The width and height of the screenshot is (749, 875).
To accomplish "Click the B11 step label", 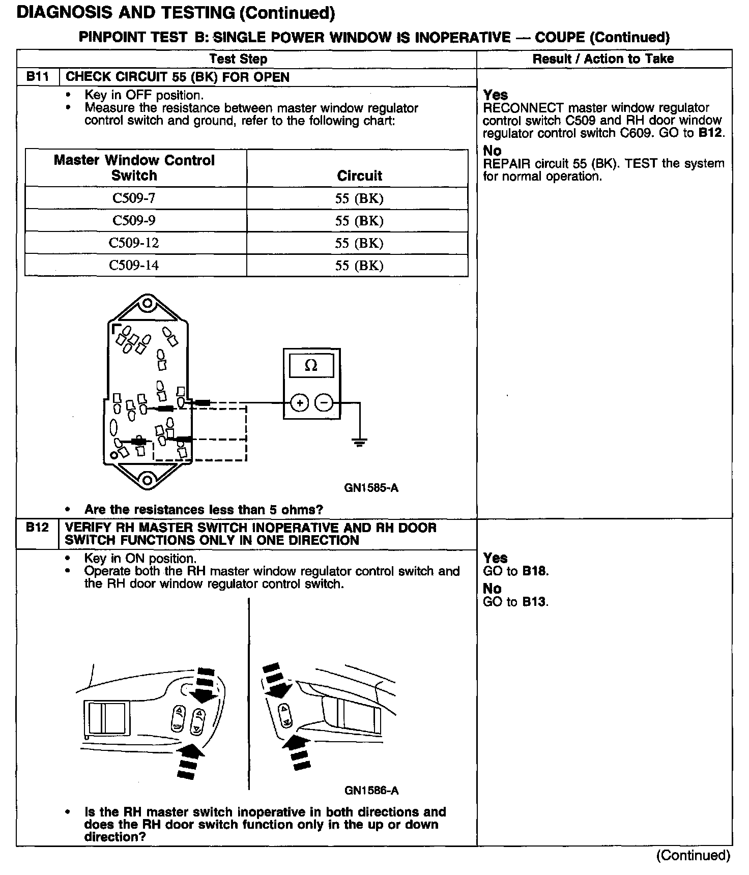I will pos(37,77).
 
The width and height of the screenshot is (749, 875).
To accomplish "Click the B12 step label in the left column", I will pos(37,527).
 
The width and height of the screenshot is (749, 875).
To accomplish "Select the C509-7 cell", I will pos(134,198).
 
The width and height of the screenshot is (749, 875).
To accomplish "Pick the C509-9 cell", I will pos(134,220).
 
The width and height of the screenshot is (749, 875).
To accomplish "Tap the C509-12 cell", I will pos(134,243).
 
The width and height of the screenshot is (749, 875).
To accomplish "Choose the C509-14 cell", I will pos(134,265).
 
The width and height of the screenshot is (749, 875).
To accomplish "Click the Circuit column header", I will pos(359,176).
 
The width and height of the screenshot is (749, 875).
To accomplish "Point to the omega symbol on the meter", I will pos(311,365).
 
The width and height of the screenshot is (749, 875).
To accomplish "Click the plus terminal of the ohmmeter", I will pos(300,403).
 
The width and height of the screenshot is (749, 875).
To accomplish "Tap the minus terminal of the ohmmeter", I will pos(324,403).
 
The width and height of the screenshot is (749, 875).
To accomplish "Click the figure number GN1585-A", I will pos(371,488).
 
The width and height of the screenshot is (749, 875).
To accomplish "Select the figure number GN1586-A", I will pos(371,791).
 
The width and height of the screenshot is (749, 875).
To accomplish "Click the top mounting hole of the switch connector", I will pos(147,304).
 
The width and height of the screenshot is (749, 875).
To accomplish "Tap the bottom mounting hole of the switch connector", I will pos(147,480).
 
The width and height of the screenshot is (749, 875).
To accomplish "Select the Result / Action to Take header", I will pos(603,59).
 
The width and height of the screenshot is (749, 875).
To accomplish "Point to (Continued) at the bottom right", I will pos(693,856).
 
